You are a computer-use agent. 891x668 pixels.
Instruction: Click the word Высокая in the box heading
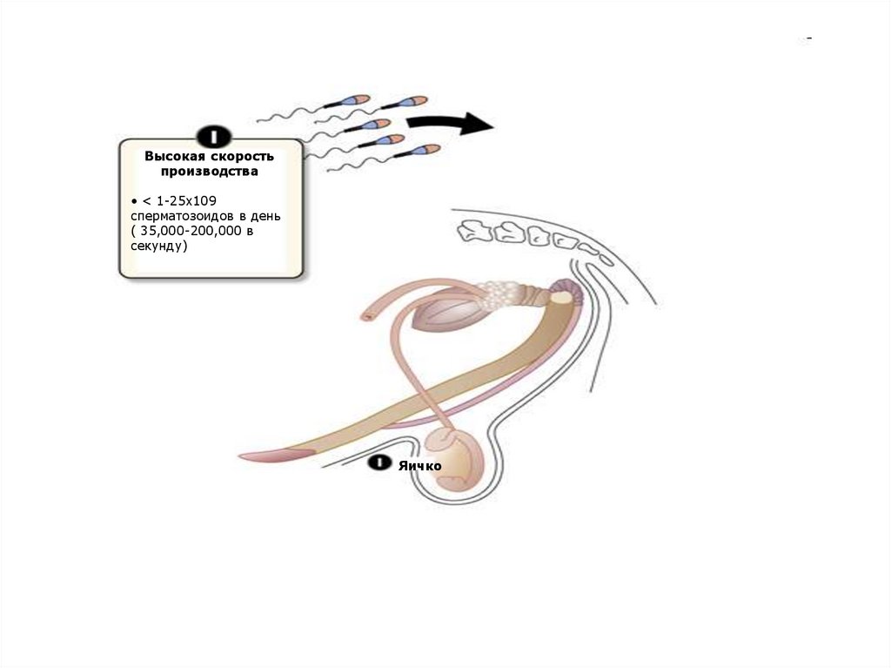click(173, 156)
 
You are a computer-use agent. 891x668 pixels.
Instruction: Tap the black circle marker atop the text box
click(213, 136)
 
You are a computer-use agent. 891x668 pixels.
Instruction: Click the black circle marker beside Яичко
click(379, 463)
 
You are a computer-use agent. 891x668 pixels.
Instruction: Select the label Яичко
click(420, 465)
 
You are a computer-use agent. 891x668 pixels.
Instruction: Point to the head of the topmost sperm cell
click(414, 101)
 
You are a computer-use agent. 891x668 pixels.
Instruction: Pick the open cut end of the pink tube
click(368, 313)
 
